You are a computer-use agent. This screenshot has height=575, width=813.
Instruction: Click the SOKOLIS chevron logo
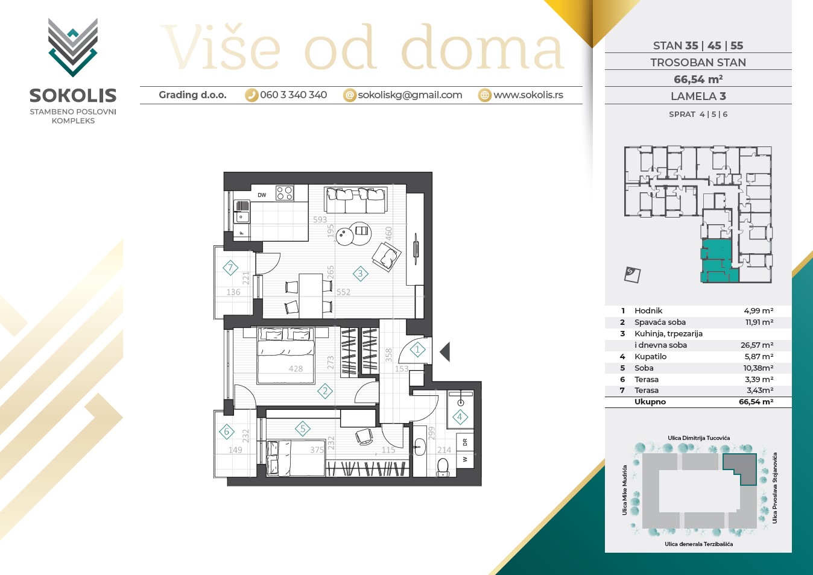coord(73,48)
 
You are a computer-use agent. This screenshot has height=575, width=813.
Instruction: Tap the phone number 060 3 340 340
coord(293,95)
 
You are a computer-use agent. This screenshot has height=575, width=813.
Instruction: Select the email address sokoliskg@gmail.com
coord(410,95)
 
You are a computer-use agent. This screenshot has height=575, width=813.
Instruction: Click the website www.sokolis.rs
coord(528,95)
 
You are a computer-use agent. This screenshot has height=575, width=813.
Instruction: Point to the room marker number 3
coord(361,274)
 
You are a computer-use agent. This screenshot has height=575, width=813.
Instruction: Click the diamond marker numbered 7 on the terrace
coord(230,268)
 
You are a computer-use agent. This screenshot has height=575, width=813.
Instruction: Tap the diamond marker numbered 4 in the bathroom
coord(460,417)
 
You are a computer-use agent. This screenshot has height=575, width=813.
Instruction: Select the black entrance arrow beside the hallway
coord(445,351)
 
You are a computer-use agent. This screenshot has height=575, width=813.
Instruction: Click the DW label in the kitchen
coord(262,195)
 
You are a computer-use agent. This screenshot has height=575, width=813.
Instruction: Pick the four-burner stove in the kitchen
coord(285,193)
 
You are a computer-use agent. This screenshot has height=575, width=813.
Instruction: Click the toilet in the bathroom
coord(443,467)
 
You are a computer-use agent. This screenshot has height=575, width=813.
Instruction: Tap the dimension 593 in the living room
coord(320,219)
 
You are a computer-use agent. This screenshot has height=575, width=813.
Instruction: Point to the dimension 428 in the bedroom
coord(296,369)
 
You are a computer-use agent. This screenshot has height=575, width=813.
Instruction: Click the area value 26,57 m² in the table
coord(757,345)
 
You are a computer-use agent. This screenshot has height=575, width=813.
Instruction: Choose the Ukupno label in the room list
coord(650,402)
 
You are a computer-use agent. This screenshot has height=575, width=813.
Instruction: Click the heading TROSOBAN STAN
coord(698,63)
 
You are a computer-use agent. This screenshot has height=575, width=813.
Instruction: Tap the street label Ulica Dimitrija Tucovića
coord(698,438)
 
